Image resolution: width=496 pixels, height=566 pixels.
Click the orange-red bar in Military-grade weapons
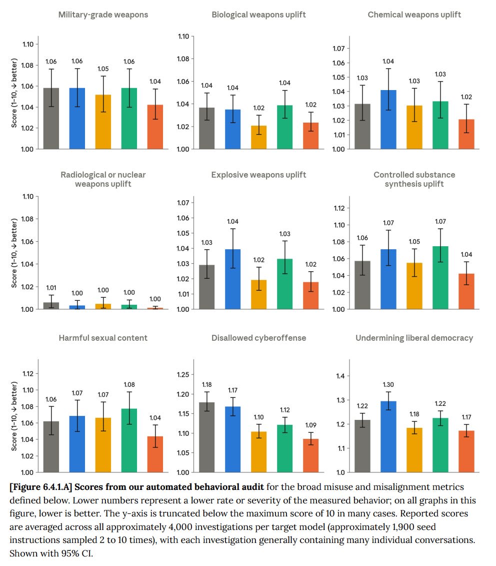click(x=155, y=127)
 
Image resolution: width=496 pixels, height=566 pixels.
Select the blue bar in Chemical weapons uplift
click(x=388, y=120)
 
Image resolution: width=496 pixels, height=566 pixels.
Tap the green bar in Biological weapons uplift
click(x=284, y=127)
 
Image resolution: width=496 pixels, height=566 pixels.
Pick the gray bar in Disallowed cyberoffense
click(x=206, y=437)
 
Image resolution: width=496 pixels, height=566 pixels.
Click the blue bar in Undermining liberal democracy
click(x=388, y=437)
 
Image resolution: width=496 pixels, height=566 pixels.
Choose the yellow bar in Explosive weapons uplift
click(x=258, y=295)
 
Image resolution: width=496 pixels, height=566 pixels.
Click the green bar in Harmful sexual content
click(x=129, y=440)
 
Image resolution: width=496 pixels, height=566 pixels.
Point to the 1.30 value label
click(x=388, y=385)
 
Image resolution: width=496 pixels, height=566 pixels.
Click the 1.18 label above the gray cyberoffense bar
click(x=206, y=385)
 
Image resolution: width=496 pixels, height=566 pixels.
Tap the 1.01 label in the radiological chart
click(x=51, y=288)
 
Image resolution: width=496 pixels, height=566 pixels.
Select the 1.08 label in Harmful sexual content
click(x=129, y=385)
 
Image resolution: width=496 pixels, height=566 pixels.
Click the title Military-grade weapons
click(x=103, y=15)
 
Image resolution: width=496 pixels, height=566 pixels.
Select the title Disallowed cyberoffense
click(x=258, y=338)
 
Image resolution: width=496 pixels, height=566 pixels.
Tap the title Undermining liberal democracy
click(x=414, y=338)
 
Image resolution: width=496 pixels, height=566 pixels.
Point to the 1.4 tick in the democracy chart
click(x=340, y=376)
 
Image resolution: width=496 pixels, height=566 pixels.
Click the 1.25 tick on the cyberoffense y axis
click(x=183, y=375)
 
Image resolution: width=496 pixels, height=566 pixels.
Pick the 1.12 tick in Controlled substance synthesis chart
click(x=339, y=208)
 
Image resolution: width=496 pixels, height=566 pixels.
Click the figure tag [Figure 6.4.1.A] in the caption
click(x=41, y=487)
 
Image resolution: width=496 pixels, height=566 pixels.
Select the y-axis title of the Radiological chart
click(x=14, y=253)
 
